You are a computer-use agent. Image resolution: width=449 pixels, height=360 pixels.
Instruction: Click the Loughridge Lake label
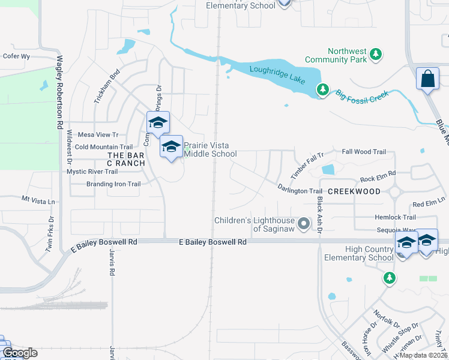pyautogui.click(x=277, y=76)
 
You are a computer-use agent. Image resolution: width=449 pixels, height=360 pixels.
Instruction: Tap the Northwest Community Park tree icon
pyautogui.click(x=376, y=55)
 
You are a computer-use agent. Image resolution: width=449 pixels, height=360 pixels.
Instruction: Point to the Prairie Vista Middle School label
pyautogui.click(x=210, y=149)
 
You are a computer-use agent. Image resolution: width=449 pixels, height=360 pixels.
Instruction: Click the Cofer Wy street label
pyautogui.click(x=16, y=56)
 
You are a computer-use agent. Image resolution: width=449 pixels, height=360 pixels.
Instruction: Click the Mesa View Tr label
pyautogui.click(x=98, y=135)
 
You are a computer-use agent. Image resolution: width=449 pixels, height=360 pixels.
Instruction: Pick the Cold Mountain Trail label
pyautogui.click(x=103, y=147)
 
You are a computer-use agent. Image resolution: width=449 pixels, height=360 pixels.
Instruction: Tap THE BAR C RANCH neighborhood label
pyautogui.click(x=126, y=159)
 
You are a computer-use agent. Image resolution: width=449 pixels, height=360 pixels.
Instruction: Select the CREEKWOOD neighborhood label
pyautogui.click(x=355, y=191)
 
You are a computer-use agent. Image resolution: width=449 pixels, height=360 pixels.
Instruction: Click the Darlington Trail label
pyautogui.click(x=300, y=190)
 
